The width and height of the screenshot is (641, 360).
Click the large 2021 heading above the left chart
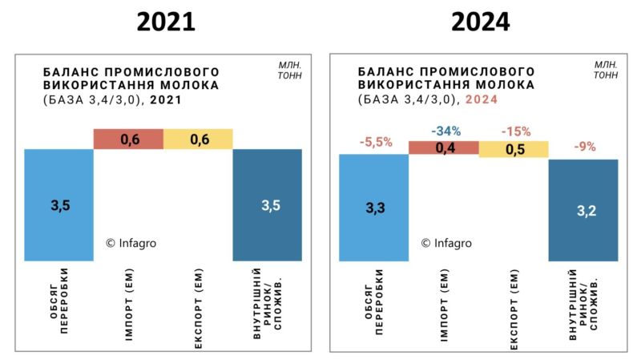pos(165,22)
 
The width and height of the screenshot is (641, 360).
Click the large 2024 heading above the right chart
pos(480,22)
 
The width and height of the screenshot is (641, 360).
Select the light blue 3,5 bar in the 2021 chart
pos(58,204)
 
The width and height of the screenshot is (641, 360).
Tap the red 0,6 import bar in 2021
pos(128,139)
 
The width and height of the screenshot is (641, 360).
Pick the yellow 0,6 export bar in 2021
pos(198,139)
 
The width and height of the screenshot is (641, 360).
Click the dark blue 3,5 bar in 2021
pos(268,204)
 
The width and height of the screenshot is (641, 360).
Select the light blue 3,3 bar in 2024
pos(373,208)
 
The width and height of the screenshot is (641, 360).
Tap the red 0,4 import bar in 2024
pos(443,148)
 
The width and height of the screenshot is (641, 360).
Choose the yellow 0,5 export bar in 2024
pos(514,148)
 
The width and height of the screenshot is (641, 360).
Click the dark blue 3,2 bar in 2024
pos(583,210)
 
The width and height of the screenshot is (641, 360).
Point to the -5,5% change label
pos(373,142)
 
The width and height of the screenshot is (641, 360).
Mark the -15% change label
pos(514,130)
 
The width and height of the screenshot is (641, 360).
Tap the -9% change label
pos(583,147)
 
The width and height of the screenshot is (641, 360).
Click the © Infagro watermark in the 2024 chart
pos(446,243)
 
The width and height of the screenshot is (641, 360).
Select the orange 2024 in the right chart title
pos(482,99)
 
